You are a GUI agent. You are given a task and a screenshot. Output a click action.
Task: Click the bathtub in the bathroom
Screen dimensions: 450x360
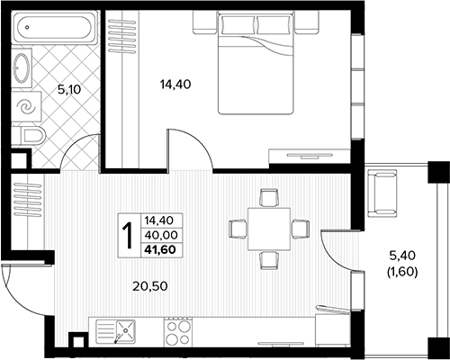click(x=55, y=27)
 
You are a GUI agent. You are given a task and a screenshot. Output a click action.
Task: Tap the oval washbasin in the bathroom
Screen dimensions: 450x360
click(x=22, y=68)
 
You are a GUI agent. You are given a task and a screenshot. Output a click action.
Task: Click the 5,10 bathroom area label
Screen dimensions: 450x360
click(x=69, y=89)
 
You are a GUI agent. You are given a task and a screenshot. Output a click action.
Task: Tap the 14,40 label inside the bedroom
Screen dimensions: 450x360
click(x=175, y=85)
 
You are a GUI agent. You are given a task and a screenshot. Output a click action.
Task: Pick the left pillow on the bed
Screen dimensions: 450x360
click(x=238, y=24)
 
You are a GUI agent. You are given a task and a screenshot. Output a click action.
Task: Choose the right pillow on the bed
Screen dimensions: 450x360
click(x=273, y=24)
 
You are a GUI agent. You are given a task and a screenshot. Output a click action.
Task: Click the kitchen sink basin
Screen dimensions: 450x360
click(x=125, y=330)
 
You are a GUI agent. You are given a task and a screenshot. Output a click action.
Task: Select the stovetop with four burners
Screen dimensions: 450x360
click(x=177, y=332)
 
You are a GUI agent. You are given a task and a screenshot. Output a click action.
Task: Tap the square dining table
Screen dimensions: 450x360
click(x=269, y=229)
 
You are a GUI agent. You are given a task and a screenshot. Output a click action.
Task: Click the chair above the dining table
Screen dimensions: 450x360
click(x=269, y=197)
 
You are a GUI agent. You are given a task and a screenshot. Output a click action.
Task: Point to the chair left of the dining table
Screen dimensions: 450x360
click(x=238, y=229)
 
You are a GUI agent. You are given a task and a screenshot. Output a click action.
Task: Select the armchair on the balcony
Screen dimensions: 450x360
click(x=382, y=193)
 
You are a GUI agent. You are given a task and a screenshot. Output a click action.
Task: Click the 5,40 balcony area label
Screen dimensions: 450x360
click(x=402, y=256)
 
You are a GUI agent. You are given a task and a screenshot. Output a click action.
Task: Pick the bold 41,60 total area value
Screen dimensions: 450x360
click(x=160, y=249)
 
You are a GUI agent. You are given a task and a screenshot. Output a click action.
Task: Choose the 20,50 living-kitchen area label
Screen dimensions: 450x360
click(x=150, y=286)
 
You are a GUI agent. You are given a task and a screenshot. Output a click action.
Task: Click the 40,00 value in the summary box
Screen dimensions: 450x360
click(x=161, y=235)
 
